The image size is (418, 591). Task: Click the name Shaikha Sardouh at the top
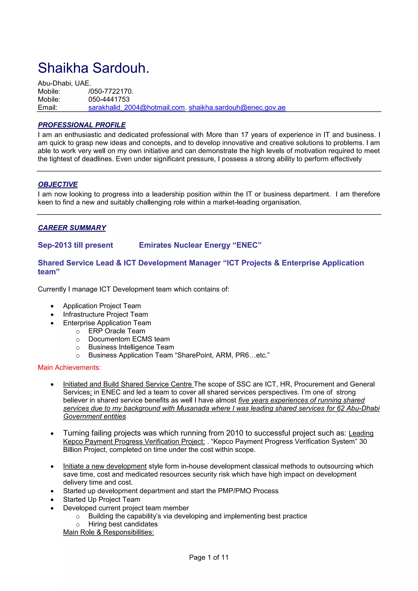coord(93,68)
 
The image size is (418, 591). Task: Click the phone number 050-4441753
coord(109,99)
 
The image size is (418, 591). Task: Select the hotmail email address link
coord(136,108)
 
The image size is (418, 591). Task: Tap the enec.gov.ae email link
coord(237,108)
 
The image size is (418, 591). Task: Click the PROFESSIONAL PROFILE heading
coord(82,125)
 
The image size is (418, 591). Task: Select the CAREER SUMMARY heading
coord(72,228)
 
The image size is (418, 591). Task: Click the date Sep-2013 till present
coord(75,245)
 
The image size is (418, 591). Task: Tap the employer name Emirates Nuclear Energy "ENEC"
coord(200,245)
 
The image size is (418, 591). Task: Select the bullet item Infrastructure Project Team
coord(105,314)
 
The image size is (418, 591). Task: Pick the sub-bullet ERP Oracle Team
coord(117,331)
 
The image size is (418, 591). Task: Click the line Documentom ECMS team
coord(129,339)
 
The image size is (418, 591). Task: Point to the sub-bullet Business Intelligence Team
coord(131,347)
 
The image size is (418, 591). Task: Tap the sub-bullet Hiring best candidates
coord(123,524)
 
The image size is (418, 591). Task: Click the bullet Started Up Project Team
coord(101,499)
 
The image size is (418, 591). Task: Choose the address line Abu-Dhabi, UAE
coord(64,83)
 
